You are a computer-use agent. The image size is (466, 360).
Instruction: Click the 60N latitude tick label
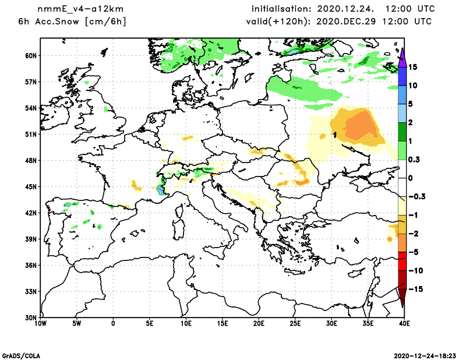click(30, 55)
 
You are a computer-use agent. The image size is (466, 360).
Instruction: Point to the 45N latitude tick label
click(30, 186)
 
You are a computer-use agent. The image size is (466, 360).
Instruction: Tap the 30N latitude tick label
click(30, 317)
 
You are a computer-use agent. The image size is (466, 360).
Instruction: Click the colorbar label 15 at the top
click(412, 67)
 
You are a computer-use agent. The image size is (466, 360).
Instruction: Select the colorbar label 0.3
click(414, 160)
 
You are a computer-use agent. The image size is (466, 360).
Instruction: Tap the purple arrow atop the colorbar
click(402, 54)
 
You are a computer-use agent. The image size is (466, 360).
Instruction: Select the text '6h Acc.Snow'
click(45, 22)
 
